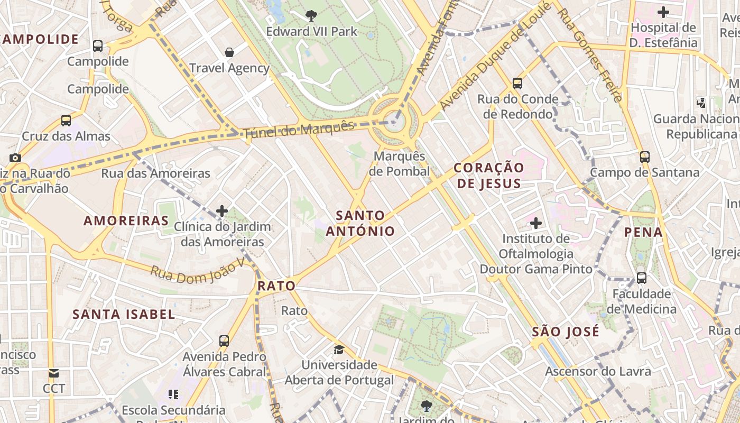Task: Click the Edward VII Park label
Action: [x=312, y=32]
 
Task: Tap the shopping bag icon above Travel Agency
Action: [x=229, y=52]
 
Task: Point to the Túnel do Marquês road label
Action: [x=299, y=130]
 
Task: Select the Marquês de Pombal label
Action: [x=399, y=164]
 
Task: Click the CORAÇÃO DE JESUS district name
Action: [x=489, y=176]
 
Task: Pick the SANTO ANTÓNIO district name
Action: [x=360, y=223]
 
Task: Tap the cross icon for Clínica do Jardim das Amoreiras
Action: [x=222, y=212]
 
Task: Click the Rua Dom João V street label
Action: [x=198, y=270]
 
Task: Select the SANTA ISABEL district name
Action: [x=124, y=314]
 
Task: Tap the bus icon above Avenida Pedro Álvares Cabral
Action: [x=224, y=341]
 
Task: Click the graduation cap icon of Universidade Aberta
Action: [x=339, y=350]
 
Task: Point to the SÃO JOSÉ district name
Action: [x=566, y=332]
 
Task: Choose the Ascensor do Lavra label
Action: [x=598, y=371]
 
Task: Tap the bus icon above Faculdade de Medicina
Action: [x=641, y=278]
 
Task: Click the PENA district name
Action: [x=643, y=232]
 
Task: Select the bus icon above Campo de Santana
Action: [x=644, y=157]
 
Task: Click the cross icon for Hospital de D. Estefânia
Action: [x=663, y=12]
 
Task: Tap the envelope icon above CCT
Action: [x=54, y=373]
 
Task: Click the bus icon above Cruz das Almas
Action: [x=66, y=121]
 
